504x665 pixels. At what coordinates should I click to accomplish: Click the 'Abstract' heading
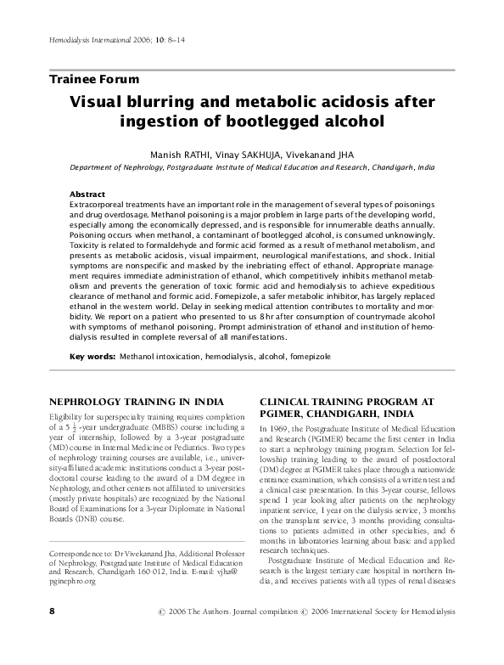pos(87,194)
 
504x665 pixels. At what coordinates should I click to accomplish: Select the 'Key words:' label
pos(92,356)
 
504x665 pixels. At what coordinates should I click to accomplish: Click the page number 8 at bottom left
pos(53,634)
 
